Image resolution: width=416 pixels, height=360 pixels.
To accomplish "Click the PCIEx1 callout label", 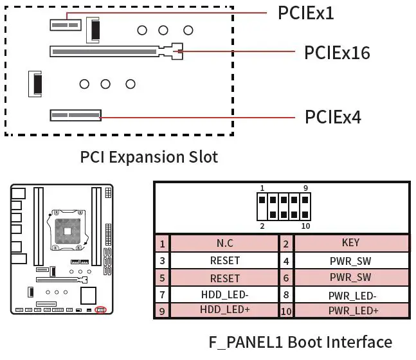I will [305, 13].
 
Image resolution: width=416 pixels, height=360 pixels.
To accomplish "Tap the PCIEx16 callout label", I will [337, 52].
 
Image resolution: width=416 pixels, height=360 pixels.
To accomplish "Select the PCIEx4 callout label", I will [332, 117].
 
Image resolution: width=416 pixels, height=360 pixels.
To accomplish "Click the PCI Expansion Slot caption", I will [149, 157].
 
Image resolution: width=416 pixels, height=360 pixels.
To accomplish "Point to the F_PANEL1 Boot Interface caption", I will [300, 341].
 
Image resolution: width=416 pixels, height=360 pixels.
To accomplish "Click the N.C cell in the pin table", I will [225, 243].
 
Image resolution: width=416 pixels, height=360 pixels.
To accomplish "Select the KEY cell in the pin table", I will [351, 243].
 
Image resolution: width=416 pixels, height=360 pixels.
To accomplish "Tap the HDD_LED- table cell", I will [225, 294].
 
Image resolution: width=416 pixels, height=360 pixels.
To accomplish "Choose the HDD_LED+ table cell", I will [225, 310].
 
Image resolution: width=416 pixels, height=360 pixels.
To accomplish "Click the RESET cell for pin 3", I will [225, 260].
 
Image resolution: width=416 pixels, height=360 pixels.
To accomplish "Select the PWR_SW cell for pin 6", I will [350, 278].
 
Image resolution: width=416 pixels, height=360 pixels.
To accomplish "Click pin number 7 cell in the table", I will [163, 294].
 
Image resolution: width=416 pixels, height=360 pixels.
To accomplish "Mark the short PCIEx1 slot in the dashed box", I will [65, 24].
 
